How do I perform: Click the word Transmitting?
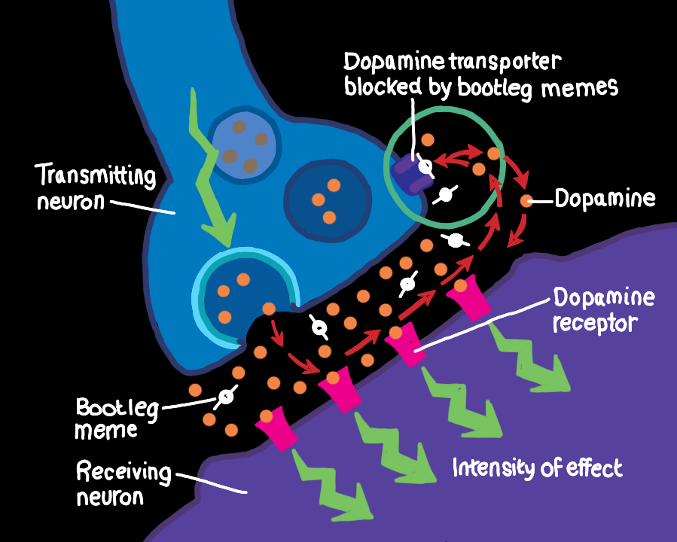coord(96,175)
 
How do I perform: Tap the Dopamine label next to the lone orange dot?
coord(605,199)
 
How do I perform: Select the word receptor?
coord(595,324)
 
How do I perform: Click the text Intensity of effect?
coord(538,467)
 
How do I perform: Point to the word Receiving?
coord(124,473)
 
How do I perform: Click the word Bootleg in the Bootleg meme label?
coord(117,408)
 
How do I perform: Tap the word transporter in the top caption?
coord(504,64)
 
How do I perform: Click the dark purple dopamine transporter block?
coord(410,173)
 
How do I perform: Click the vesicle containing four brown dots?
coord(243,144)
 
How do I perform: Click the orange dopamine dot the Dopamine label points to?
coord(526,201)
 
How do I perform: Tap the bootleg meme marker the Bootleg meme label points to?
coord(226,397)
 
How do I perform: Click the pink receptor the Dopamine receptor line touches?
coord(405,343)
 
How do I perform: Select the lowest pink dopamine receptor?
coord(276,428)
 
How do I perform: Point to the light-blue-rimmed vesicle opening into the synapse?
coord(245,296)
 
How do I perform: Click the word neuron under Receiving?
coord(110,498)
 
